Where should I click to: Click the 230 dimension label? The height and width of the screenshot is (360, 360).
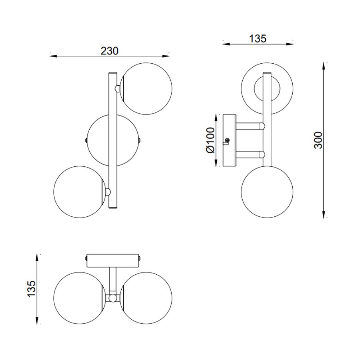coord(109,51)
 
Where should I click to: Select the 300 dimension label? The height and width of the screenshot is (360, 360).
coord(318,140)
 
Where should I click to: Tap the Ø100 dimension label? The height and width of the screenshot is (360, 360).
coord(211,140)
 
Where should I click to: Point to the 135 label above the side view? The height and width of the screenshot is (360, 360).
coord(258,39)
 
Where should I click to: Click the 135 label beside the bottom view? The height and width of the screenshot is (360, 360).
coord(31,289)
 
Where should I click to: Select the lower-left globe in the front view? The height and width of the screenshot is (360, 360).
coord(80,192)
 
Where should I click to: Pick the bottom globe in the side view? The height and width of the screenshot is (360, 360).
coord(267,192)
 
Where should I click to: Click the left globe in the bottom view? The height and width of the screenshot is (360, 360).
coord(80,298)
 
